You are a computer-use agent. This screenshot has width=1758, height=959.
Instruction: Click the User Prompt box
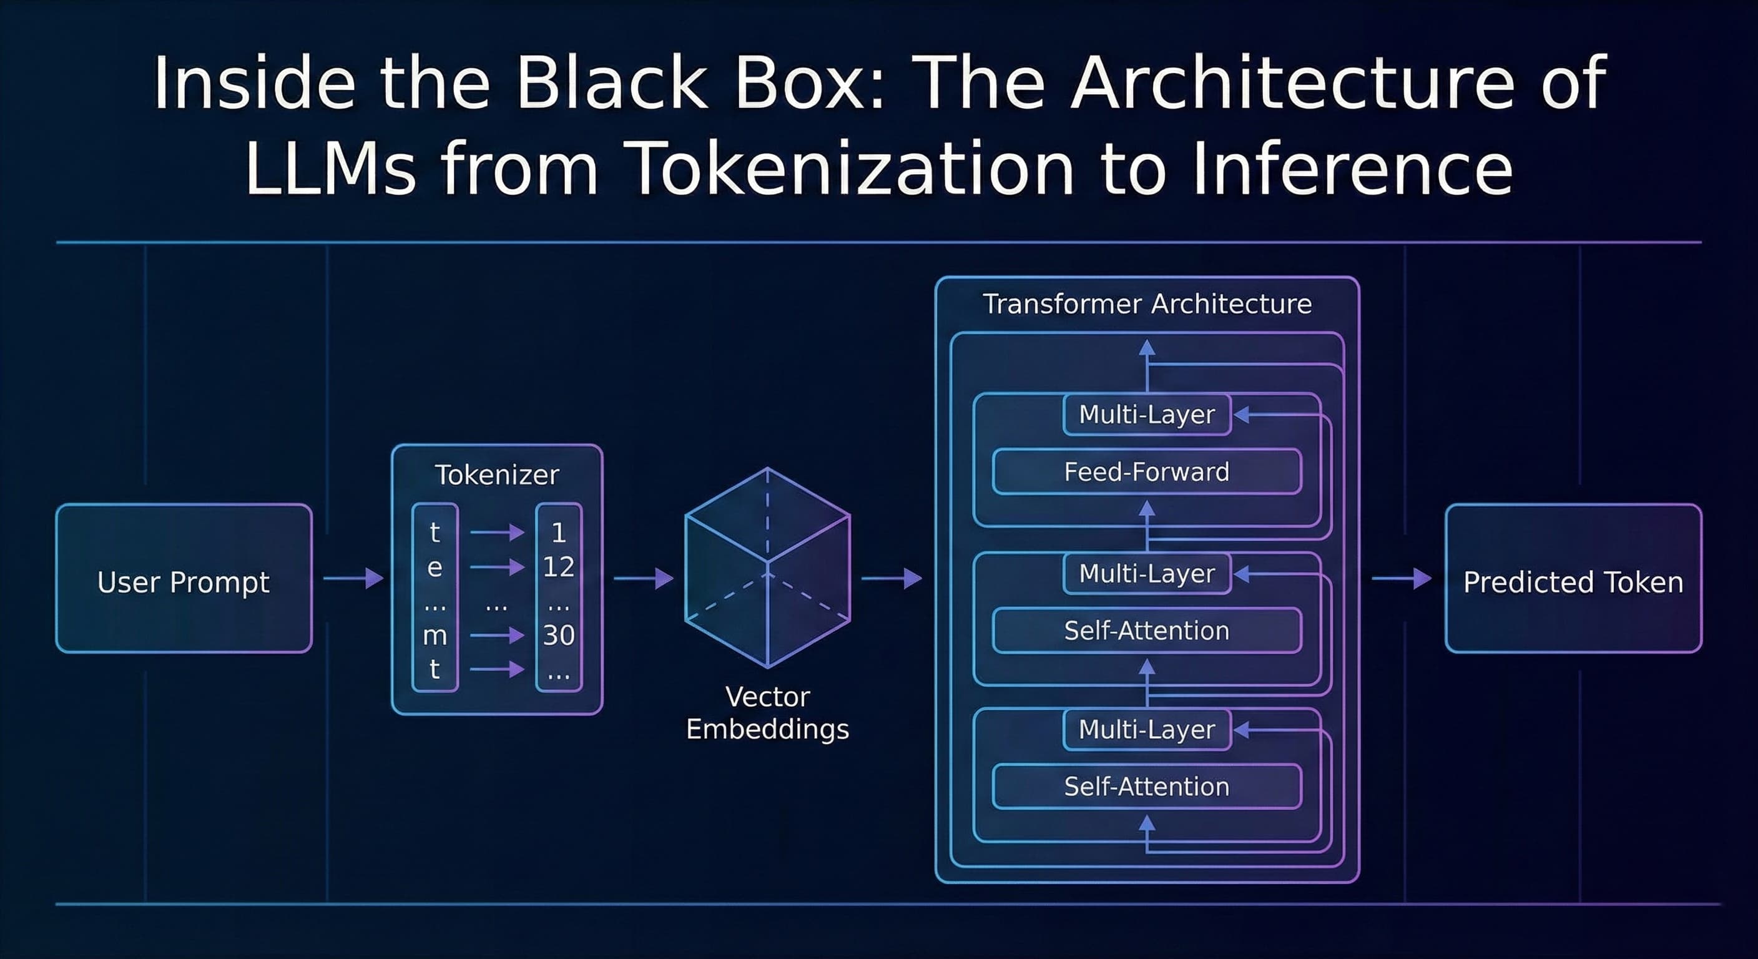[x=184, y=579]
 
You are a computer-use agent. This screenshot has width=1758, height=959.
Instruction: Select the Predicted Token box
[x=1573, y=579]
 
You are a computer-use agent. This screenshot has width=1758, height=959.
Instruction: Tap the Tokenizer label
[x=497, y=475]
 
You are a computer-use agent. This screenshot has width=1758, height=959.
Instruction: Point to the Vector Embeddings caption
[x=767, y=712]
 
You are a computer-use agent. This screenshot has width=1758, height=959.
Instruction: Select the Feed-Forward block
[x=1147, y=471]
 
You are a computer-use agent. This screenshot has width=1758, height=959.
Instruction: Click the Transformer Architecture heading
[x=1147, y=303]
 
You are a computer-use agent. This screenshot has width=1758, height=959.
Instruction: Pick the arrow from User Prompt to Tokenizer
[x=353, y=578]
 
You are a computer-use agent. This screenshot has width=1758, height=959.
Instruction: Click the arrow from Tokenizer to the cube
[x=643, y=578]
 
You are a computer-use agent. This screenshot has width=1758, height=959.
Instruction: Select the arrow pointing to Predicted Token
[x=1400, y=578]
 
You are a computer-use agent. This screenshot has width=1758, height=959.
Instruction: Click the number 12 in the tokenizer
[x=558, y=566]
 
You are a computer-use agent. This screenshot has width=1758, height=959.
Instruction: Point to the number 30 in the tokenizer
[x=558, y=635]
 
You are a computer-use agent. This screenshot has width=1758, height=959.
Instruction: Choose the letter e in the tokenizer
[x=435, y=567]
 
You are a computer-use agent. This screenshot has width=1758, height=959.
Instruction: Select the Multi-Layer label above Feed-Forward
[x=1147, y=415]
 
